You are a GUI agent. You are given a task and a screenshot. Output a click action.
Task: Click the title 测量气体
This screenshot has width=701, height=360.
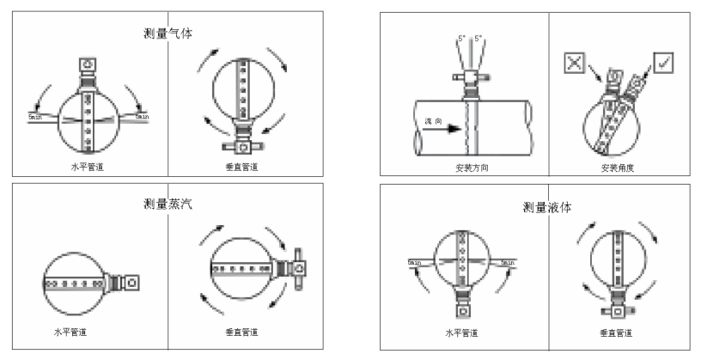(168, 33)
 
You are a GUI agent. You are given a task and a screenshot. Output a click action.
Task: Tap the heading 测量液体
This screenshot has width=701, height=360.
(547, 207)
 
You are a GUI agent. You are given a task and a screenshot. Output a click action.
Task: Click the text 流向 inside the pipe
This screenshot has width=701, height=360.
(434, 123)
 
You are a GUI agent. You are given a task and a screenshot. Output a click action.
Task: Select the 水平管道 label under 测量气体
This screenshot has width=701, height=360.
(88, 164)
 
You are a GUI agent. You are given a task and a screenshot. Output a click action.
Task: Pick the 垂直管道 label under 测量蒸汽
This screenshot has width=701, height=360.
(241, 331)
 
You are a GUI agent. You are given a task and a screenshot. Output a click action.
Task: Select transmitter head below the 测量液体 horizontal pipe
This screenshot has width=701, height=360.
(463, 311)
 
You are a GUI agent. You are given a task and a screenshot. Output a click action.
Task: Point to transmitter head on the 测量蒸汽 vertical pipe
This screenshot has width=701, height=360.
(298, 269)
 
